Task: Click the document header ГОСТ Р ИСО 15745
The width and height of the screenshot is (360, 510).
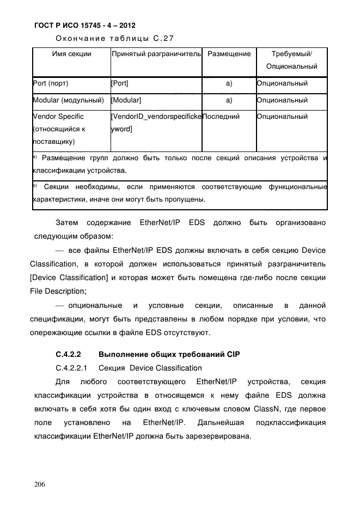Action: [x=84, y=25]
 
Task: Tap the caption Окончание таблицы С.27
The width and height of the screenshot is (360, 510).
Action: [x=114, y=38]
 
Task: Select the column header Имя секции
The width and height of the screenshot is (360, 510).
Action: [x=71, y=54]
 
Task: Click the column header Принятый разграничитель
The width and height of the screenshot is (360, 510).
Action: [x=156, y=54]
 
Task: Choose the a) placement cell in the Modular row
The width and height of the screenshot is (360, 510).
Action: [x=229, y=100]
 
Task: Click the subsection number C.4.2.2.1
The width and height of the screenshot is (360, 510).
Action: [x=74, y=368]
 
